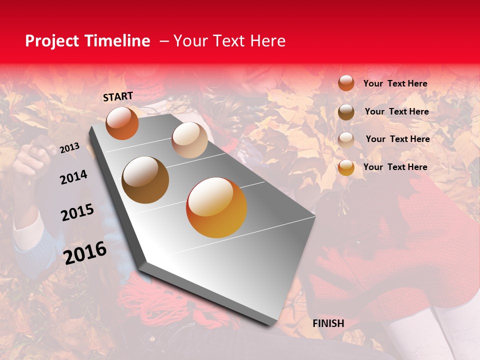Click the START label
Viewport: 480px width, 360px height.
118,96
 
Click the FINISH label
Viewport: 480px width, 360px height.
328,323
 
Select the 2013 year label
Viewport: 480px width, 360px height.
69,147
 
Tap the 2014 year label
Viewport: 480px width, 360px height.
73,177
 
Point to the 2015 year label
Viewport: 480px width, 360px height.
77,212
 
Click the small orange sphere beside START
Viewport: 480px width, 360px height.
122,123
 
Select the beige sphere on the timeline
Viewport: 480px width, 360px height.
189,140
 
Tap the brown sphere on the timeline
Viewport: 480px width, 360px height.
145,180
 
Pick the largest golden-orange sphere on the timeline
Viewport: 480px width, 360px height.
216,207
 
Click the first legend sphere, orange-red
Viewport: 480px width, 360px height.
346,83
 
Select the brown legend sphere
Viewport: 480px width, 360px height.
346,112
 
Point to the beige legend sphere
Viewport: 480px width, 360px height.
346,139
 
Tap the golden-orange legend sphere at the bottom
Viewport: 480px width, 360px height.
346,168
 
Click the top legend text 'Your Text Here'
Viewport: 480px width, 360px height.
395,83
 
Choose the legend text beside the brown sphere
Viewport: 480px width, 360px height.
396,111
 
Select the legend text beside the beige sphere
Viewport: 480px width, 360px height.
397,139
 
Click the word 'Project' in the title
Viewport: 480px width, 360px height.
52,41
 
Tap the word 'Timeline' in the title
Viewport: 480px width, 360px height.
117,41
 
